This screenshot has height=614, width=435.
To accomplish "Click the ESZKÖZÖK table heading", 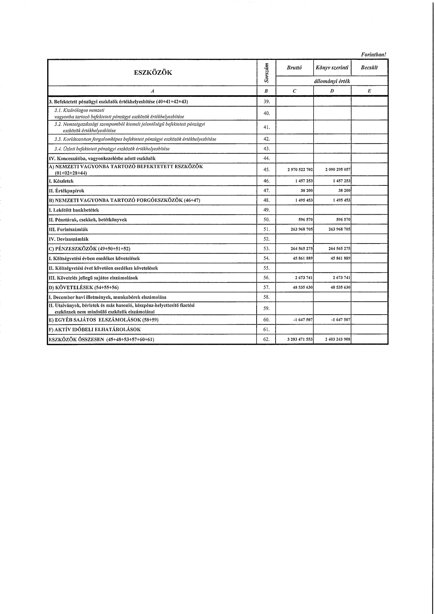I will pos(153,72).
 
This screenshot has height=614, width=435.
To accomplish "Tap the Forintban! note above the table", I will pos(374,54).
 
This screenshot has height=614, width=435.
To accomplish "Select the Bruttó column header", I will pos(294,68).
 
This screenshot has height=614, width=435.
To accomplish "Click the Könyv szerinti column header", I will pos(332,68).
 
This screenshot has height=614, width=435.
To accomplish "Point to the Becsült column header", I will pos(369,68).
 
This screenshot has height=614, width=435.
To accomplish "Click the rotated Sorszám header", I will pos(266,72).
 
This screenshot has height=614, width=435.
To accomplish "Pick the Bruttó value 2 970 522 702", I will pos(299,170).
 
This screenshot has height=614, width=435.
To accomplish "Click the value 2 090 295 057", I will pos(337,170).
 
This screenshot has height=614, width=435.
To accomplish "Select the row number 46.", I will pos(266,181).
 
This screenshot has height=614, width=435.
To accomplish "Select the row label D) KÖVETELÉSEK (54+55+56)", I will pos(84,288).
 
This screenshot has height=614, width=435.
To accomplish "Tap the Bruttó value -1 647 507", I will pos(303,320).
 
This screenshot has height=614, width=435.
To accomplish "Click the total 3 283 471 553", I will pos(299,339).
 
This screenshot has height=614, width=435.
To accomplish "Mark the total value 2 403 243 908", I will pos(337,339).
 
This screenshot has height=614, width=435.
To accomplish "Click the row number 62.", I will pos(266,339).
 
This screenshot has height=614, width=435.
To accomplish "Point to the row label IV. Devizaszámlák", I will pos(68,239).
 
